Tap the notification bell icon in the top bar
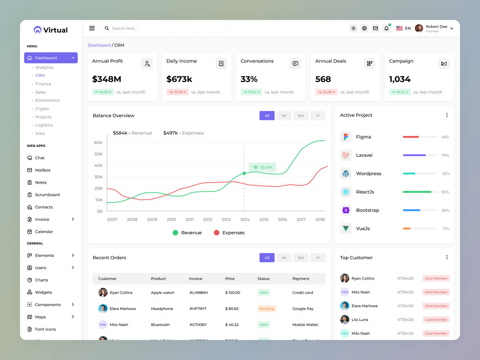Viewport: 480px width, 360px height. click(386, 28)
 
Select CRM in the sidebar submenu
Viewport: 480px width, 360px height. click(40, 76)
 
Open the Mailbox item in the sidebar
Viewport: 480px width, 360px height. click(43, 170)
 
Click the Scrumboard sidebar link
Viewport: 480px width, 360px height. click(47, 195)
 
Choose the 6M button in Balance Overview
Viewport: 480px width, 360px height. click(301, 116)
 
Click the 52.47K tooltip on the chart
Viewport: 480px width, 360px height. click(263, 167)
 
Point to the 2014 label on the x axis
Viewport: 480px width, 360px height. click(245, 220)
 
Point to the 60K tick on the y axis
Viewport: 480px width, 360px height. click(98, 142)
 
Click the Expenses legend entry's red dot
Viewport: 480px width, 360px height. click(216, 233)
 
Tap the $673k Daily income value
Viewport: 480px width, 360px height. click(179, 79)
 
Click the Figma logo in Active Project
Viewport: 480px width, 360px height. click(346, 137)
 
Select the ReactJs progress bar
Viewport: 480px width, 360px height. click(420, 192)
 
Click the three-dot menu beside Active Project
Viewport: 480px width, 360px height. click(447, 115)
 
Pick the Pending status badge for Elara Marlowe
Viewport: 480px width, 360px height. click(267, 309)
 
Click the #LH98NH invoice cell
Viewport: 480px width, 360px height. click(199, 293)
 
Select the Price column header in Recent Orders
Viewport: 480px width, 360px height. click(230, 279)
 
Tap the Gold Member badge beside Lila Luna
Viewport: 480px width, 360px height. click(436, 320)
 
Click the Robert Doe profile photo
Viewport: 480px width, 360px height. click(419, 28)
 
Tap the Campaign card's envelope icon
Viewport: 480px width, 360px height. click(444, 64)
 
